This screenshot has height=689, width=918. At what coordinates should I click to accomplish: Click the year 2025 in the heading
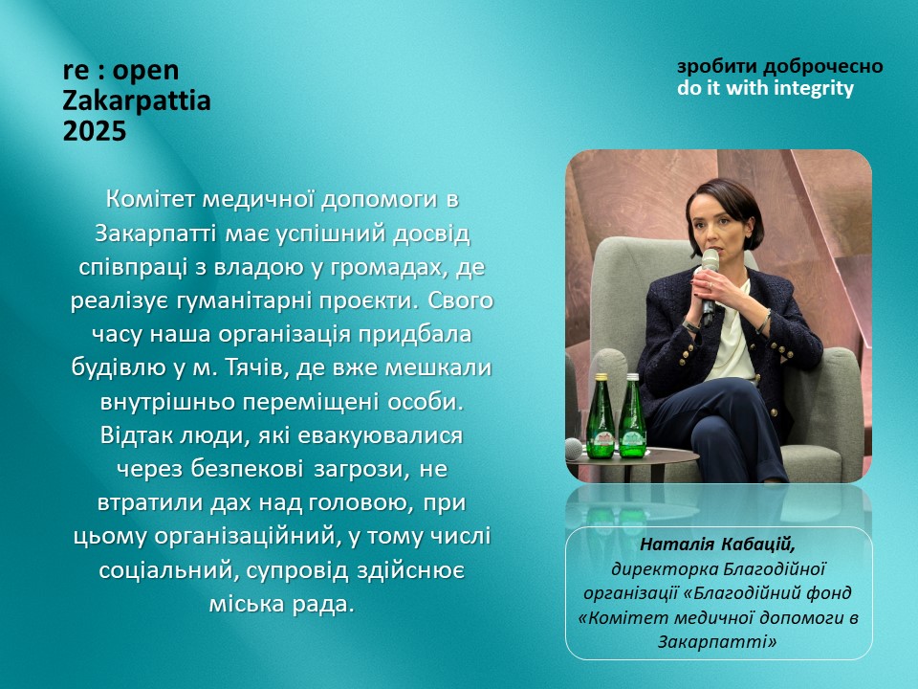tap(95, 131)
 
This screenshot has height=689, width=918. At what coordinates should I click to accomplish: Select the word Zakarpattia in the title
tap(137, 100)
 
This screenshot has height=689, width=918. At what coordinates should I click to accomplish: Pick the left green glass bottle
tap(601, 416)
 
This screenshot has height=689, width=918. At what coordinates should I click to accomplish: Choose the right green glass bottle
tap(632, 416)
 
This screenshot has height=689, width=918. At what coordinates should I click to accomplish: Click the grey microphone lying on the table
tap(573, 450)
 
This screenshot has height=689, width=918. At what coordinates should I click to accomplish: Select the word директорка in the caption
tap(665, 568)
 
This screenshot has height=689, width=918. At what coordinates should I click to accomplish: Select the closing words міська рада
tap(281, 604)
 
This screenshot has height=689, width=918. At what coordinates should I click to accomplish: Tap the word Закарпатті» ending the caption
tap(717, 642)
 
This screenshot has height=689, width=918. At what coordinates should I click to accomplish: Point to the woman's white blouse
tap(734, 338)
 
